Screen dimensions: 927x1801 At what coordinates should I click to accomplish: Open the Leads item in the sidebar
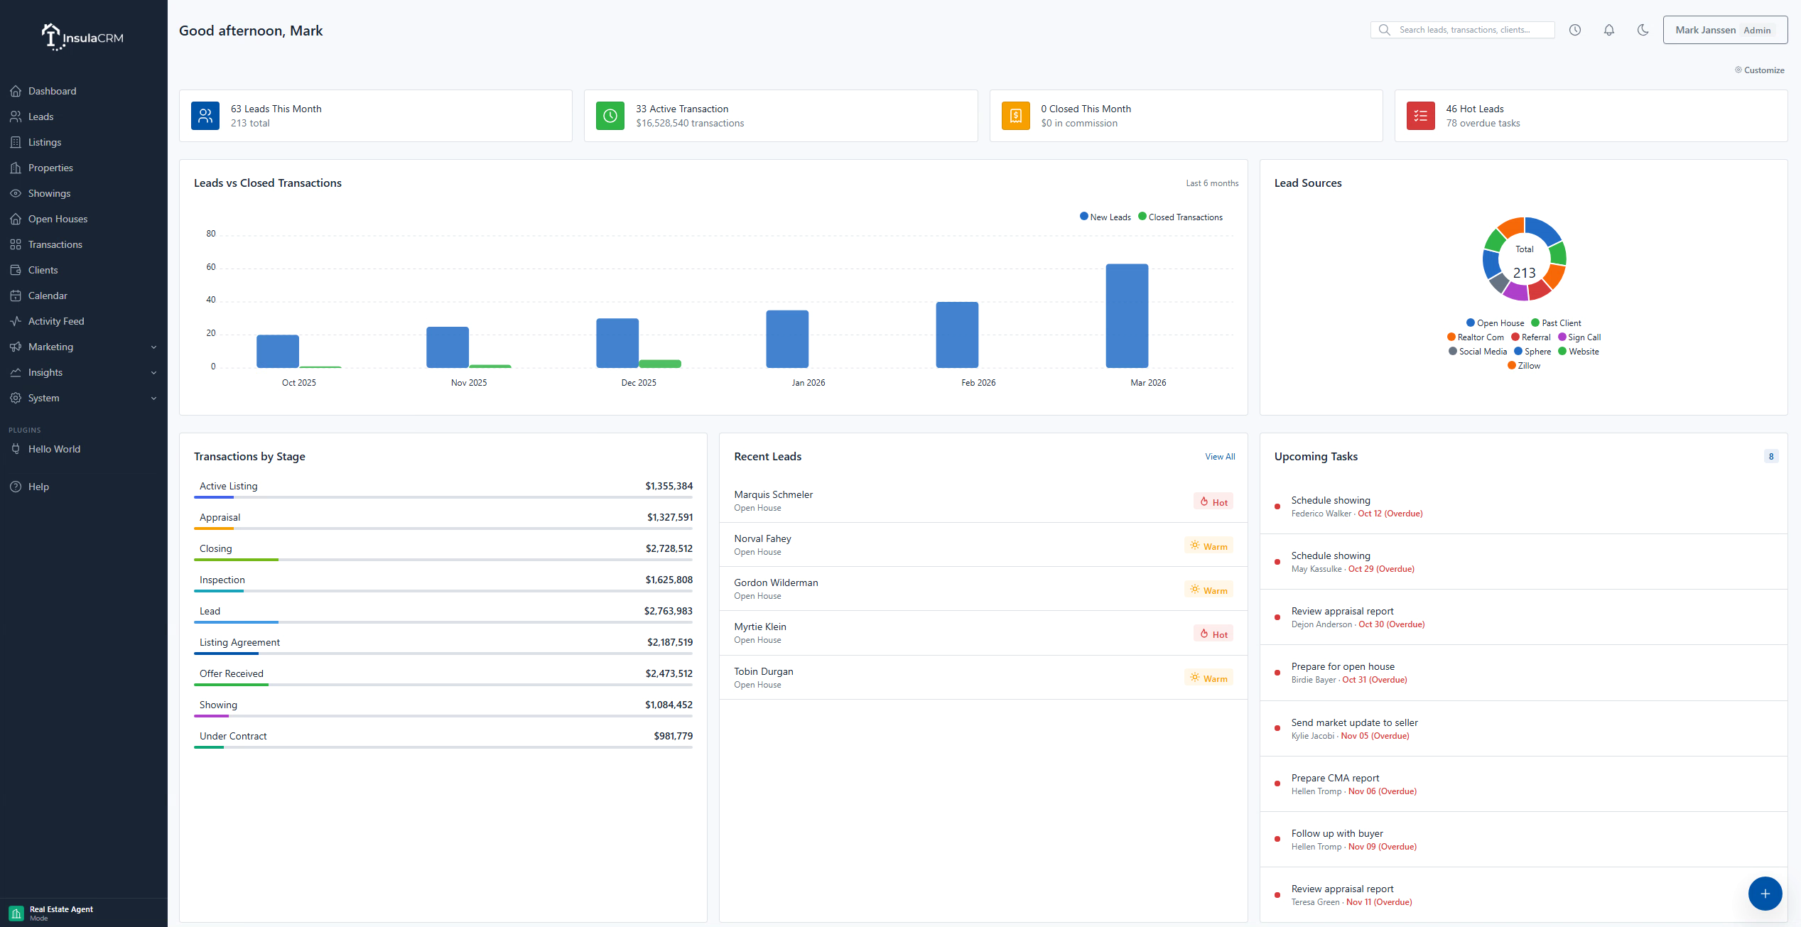point(40,116)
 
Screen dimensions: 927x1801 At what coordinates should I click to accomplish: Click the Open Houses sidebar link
point(58,219)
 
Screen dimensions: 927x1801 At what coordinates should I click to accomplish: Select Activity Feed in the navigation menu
point(55,321)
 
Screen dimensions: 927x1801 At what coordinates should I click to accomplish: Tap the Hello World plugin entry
point(54,449)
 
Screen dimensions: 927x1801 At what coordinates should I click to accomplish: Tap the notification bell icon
point(1609,30)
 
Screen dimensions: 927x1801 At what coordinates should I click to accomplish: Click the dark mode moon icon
point(1643,30)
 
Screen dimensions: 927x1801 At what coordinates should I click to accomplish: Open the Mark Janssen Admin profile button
point(1724,30)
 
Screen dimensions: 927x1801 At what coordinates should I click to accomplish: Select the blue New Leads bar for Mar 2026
point(1127,316)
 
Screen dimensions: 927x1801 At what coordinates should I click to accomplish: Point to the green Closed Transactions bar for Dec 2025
point(659,364)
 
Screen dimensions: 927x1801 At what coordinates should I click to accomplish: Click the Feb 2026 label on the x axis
point(978,383)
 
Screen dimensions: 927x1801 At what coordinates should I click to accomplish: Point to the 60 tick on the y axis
point(211,267)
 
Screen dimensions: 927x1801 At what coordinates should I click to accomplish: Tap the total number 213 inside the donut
point(1524,273)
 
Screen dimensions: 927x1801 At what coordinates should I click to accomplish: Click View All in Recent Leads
point(1220,457)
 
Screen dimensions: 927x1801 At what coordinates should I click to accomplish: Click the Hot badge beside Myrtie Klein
point(1213,634)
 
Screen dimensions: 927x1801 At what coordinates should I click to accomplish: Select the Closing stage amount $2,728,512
point(669,548)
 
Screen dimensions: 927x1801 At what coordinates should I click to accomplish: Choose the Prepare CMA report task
point(1335,778)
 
